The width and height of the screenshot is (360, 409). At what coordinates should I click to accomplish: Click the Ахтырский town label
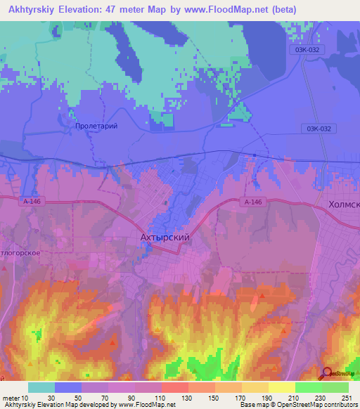(x=161, y=238)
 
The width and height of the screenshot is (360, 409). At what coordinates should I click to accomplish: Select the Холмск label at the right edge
(x=343, y=204)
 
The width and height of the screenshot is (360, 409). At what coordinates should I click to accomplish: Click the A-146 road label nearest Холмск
(x=254, y=202)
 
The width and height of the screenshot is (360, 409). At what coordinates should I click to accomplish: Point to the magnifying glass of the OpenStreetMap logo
(x=328, y=372)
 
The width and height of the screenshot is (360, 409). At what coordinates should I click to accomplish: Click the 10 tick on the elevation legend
(x=25, y=398)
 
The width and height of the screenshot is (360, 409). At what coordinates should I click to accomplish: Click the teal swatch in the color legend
(x=41, y=387)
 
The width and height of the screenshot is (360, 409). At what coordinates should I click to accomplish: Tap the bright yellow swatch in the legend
(x=282, y=387)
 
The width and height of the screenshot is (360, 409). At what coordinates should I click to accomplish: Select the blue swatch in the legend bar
(x=68, y=387)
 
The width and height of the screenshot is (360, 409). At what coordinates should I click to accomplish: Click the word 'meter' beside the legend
(x=10, y=398)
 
